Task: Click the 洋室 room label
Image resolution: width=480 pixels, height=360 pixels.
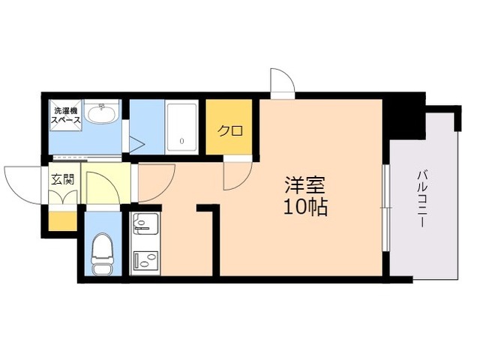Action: point(304,185)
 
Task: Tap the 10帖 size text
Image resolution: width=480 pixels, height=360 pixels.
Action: point(306,207)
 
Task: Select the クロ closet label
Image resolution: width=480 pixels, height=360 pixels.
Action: point(230,130)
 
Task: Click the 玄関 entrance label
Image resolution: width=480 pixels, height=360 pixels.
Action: point(62,179)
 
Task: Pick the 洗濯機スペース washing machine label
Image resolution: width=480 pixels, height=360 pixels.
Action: point(66,115)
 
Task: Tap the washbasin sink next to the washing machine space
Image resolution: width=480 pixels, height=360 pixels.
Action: point(102,113)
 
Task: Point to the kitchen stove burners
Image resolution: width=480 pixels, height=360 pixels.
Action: point(145,260)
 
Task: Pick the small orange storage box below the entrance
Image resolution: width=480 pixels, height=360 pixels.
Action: point(62,221)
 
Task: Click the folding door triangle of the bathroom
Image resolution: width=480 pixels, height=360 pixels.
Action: point(136,144)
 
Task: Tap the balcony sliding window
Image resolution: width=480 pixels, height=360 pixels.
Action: point(386,208)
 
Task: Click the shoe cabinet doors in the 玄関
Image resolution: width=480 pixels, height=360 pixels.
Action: point(63,197)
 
